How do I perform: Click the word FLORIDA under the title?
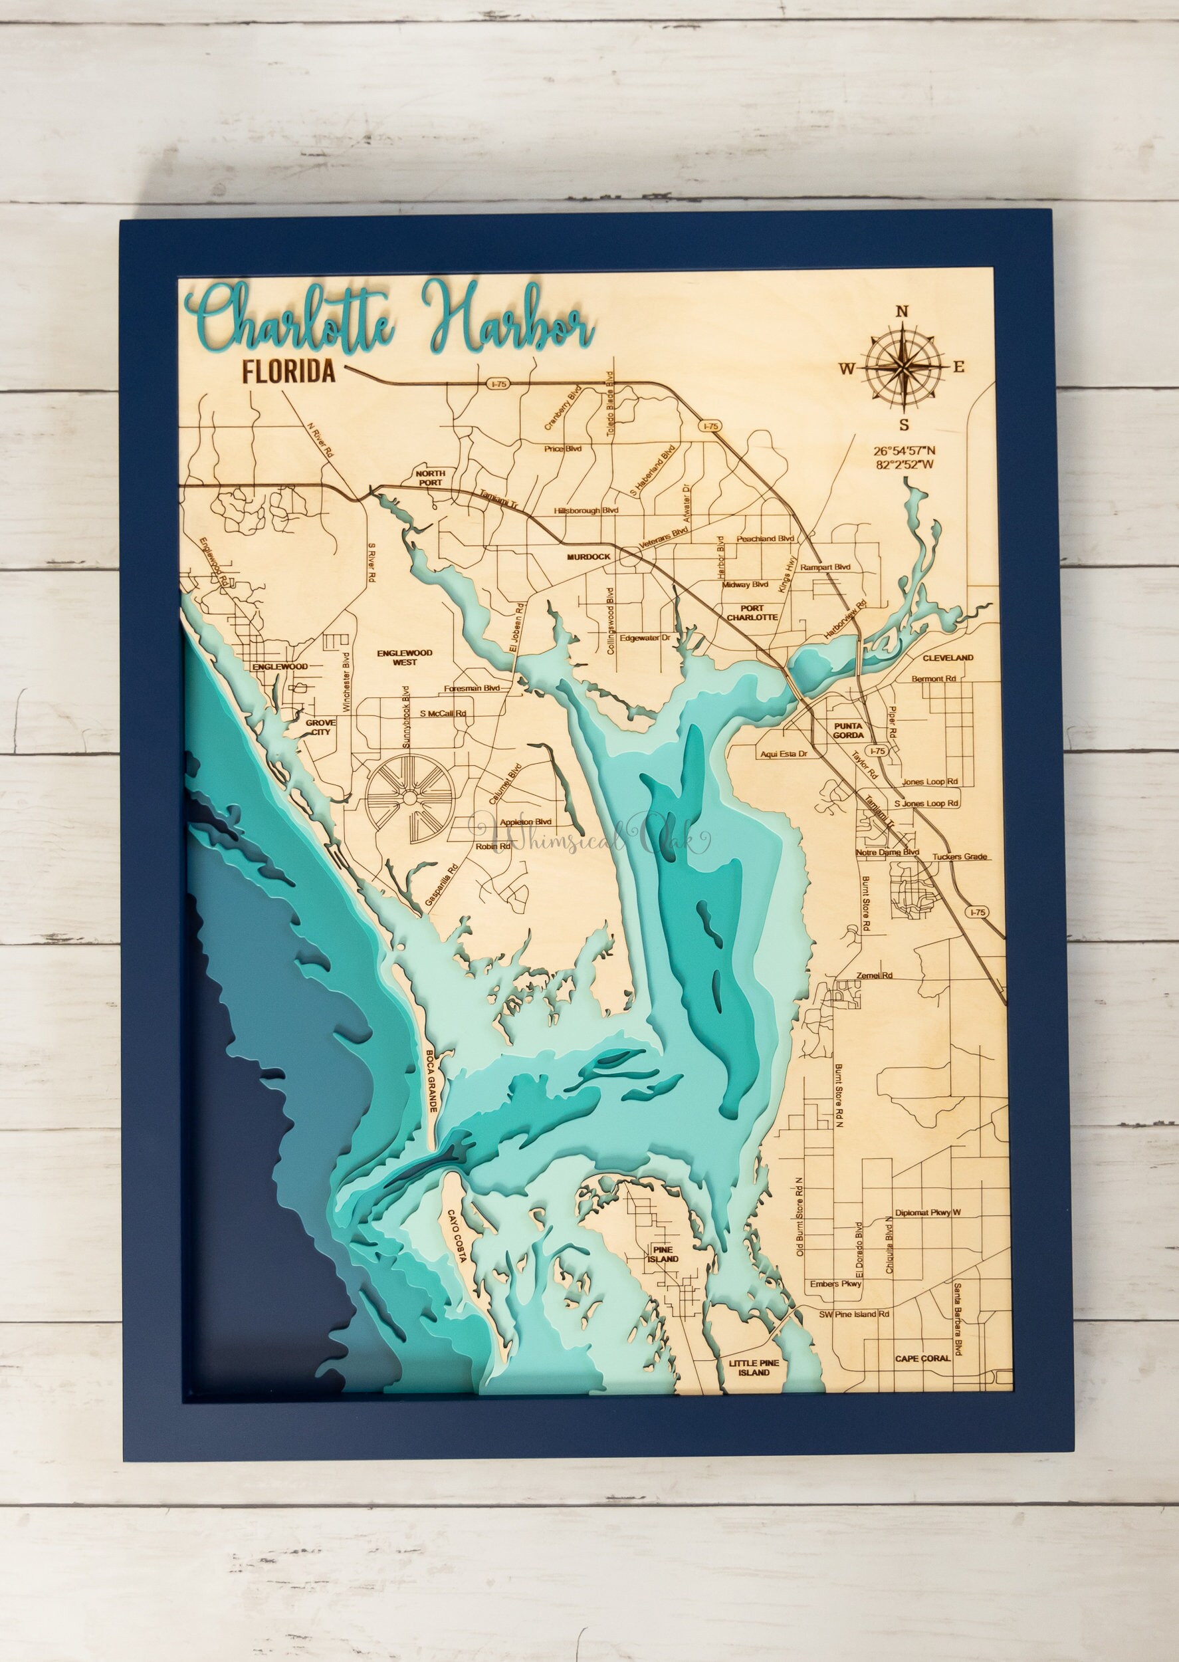coord(288,372)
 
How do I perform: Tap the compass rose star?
coord(903,368)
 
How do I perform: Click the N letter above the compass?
coord(903,312)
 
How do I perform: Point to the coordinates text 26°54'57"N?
coord(904,451)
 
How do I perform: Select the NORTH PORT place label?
coord(430,477)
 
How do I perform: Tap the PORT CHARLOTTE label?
coord(753,613)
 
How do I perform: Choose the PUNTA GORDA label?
coord(848,731)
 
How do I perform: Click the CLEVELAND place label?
coord(948,658)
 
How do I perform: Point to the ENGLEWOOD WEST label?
coord(404,657)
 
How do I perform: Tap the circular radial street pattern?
coord(409,798)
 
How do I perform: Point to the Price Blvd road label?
coord(564,448)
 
